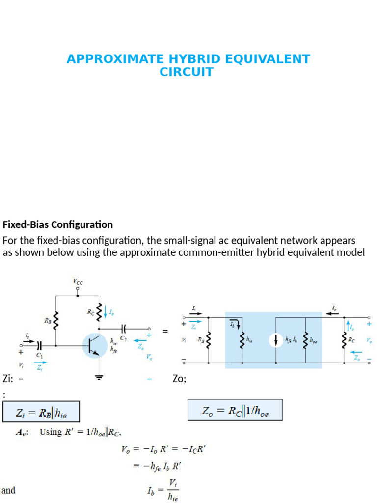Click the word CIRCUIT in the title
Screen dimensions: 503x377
pos(187,72)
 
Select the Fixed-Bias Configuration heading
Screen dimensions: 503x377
pos(58,225)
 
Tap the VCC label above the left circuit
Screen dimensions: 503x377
pos(78,281)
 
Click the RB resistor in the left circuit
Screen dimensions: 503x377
pos(56,322)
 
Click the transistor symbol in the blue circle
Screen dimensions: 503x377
pos(95,345)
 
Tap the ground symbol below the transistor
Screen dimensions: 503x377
pos(100,377)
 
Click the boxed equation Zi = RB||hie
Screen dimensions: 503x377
pos(41,413)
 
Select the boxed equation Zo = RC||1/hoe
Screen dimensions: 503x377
pos(235,410)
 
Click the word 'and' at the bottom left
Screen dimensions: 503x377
pos(8,490)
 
